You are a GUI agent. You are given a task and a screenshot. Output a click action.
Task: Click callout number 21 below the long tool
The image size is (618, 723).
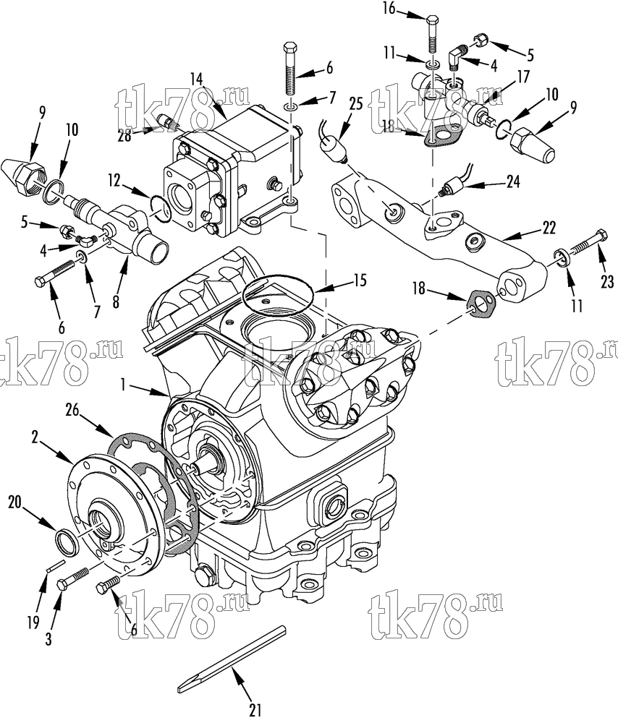[x=255, y=710]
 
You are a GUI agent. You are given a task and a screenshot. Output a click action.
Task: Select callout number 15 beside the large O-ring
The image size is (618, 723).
[x=360, y=280]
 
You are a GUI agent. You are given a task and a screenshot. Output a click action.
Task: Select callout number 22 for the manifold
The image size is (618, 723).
[x=549, y=228]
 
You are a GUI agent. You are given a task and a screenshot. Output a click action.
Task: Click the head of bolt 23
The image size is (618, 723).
[x=601, y=235]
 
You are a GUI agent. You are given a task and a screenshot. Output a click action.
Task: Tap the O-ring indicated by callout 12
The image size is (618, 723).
[x=160, y=208]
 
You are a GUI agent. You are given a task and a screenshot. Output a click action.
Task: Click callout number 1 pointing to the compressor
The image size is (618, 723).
[x=123, y=385]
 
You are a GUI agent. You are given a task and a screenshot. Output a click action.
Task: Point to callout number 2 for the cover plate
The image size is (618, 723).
[x=35, y=437]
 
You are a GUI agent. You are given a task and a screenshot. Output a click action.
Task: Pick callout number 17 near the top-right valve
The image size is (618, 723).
[x=523, y=77]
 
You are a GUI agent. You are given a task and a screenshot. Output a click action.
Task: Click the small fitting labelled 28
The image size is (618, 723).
[x=164, y=121]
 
